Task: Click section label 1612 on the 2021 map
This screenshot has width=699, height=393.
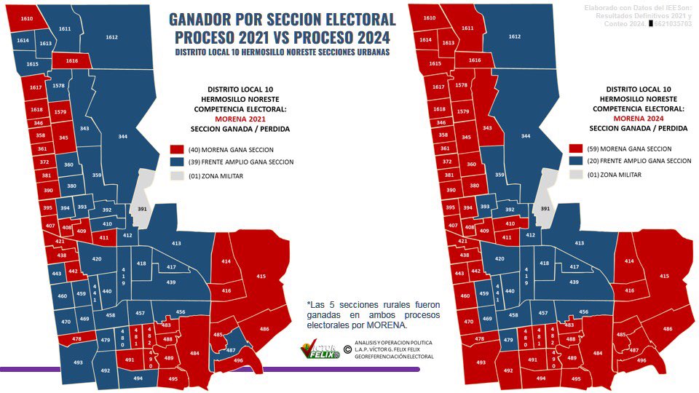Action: [111, 36]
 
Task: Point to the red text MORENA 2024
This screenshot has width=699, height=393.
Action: [638, 118]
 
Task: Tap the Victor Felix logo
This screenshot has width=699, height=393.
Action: [320, 351]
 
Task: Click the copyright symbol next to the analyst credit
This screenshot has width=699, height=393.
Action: [347, 349]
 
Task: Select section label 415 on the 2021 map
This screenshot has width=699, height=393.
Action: [261, 276]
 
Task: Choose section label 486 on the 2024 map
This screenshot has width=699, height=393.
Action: [668, 330]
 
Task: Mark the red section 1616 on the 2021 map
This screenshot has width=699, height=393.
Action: [72, 61]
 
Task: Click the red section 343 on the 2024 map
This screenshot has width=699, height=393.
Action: [488, 128]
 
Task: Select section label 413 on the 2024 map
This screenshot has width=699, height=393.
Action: [580, 243]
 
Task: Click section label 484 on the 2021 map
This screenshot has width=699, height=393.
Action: [194, 354]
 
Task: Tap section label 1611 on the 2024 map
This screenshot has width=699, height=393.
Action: [467, 28]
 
